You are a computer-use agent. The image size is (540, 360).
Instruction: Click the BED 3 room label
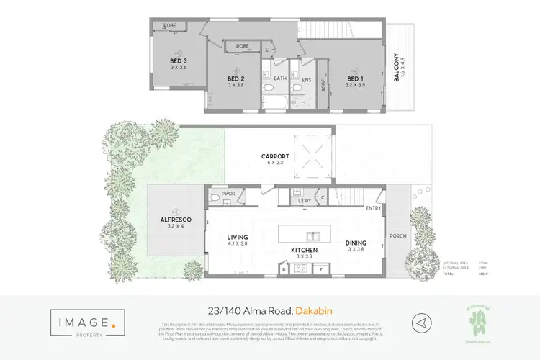(x=179, y=60)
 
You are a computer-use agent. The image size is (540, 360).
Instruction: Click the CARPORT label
(x=276, y=156)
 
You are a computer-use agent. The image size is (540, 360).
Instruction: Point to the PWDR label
(x=230, y=194)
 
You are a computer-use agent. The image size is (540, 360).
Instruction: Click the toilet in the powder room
(x=212, y=195)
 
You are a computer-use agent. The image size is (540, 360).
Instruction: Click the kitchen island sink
(x=314, y=236)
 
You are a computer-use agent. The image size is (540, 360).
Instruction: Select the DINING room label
(x=356, y=243)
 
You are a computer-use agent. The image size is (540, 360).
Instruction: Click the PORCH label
(x=397, y=235)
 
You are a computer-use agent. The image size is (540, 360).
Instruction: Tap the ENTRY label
(x=374, y=209)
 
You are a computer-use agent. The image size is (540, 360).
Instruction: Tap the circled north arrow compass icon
(x=423, y=322)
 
